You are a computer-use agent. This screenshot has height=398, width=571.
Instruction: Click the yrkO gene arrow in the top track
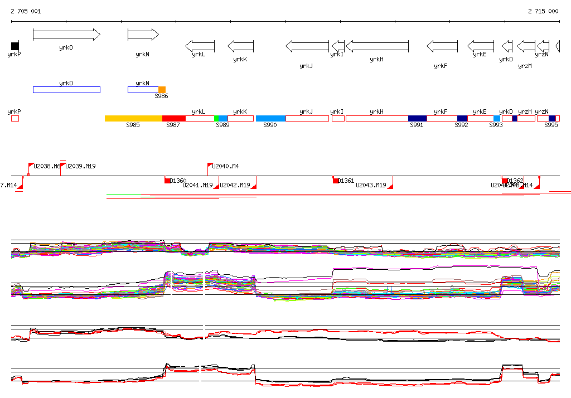(66, 35)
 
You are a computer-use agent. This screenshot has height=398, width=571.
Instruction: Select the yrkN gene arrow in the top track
(143, 35)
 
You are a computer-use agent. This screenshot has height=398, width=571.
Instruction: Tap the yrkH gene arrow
(377, 46)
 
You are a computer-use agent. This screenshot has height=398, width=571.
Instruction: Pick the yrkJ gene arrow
(307, 46)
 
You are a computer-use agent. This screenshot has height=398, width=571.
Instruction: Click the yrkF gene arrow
(442, 46)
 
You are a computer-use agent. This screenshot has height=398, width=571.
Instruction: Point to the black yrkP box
(15, 46)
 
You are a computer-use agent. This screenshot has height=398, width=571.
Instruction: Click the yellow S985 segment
(133, 118)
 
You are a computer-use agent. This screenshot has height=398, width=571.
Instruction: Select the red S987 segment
(173, 118)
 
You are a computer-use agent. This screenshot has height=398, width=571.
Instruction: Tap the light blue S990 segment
(270, 118)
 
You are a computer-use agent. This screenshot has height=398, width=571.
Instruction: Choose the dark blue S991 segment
(417, 118)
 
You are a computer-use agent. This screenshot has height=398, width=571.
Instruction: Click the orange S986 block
(162, 90)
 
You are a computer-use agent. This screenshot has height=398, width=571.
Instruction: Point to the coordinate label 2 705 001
(26, 11)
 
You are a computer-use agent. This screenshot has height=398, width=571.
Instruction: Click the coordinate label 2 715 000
(543, 11)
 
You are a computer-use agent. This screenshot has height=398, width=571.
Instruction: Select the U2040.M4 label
(225, 166)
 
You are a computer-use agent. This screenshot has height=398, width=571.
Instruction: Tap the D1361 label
(346, 181)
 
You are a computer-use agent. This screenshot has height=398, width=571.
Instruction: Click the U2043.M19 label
(371, 185)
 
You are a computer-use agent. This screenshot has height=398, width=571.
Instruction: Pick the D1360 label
(178, 181)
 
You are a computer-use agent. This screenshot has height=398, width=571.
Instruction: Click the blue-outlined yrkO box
(66, 90)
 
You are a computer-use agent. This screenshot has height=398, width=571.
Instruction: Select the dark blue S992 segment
(462, 118)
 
